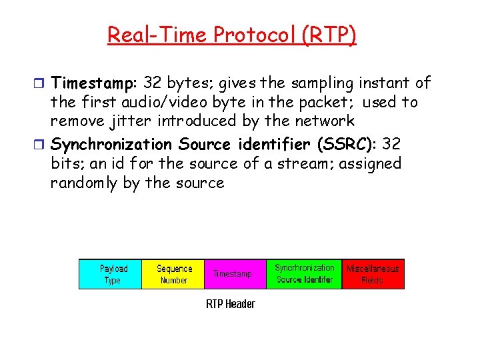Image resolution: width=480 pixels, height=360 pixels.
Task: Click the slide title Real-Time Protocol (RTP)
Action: pyautogui.click(x=232, y=34)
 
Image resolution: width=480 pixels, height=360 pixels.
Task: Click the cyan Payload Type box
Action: pyautogui.click(x=111, y=274)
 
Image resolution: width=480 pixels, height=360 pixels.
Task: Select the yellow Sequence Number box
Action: pyautogui.click(x=173, y=274)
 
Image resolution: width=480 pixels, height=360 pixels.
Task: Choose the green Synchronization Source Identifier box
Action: pyautogui.click(x=304, y=274)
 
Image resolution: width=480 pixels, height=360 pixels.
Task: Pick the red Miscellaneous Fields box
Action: pyautogui.click(x=373, y=274)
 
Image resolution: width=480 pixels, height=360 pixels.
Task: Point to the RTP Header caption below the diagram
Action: pyautogui.click(x=230, y=304)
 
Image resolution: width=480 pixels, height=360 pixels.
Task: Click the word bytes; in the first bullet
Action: pyautogui.click(x=194, y=83)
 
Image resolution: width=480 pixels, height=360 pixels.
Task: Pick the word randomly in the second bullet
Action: pyautogui.click(x=84, y=183)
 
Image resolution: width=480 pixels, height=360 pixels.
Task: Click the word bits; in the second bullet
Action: pyautogui.click(x=67, y=163)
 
